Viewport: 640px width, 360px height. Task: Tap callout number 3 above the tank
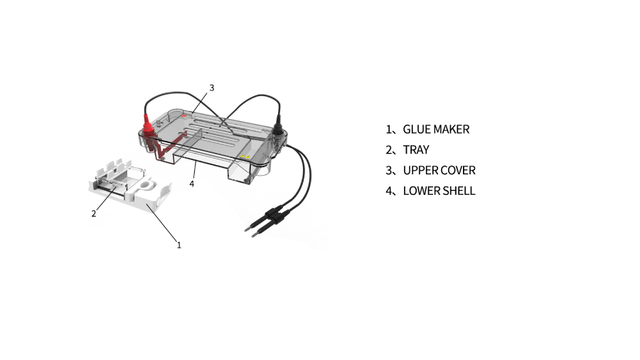(211, 88)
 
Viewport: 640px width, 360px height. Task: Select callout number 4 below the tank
(192, 184)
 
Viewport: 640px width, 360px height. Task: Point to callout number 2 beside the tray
(94, 213)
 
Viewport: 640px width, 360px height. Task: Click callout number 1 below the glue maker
(178, 245)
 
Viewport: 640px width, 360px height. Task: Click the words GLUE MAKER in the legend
(436, 129)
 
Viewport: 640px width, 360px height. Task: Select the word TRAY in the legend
(416, 150)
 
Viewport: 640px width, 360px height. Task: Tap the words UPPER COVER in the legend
(439, 170)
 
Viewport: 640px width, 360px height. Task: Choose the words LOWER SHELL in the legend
(439, 191)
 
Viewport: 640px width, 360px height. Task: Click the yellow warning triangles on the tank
(245, 157)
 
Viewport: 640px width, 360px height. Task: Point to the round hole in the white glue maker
(145, 186)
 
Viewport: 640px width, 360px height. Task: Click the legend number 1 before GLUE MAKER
(388, 129)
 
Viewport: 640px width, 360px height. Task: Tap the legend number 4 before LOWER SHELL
(388, 191)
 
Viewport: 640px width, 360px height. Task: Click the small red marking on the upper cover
(183, 116)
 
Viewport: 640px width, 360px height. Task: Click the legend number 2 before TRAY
(388, 150)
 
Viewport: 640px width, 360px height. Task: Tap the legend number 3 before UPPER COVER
(388, 170)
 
